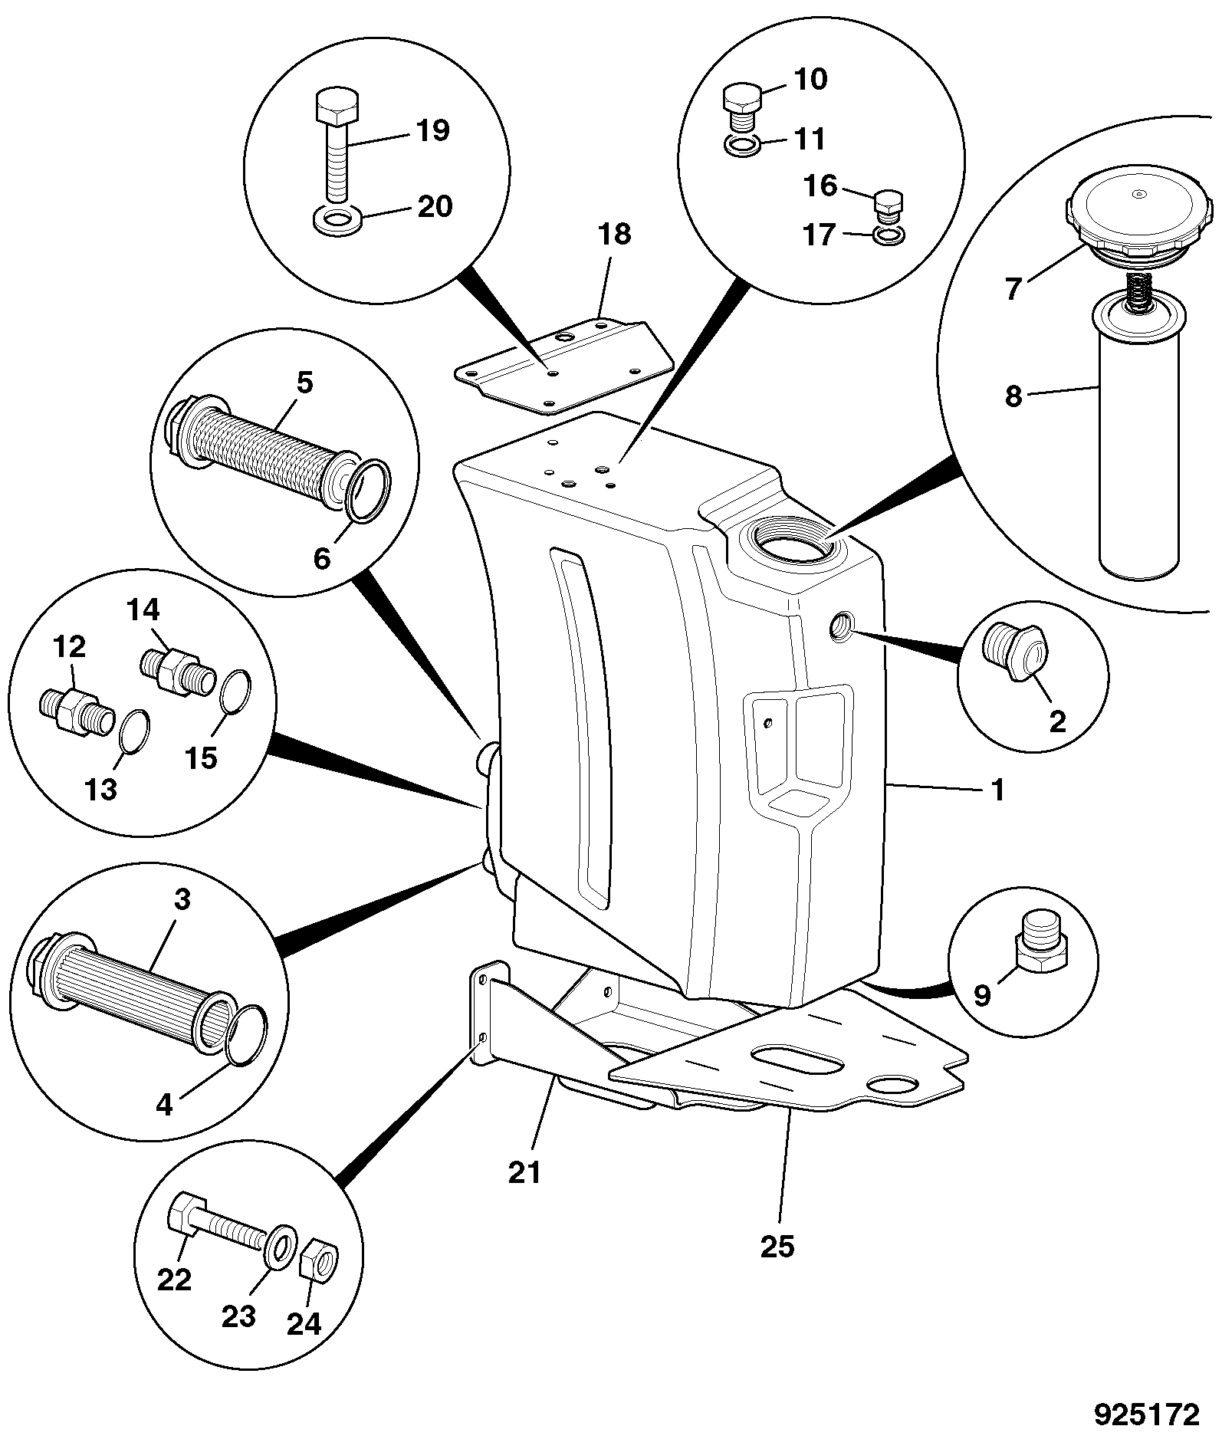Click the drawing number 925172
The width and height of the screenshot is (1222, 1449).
tap(1145, 1414)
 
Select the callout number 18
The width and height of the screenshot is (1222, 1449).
tap(614, 234)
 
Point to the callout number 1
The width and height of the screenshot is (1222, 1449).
tap(997, 789)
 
